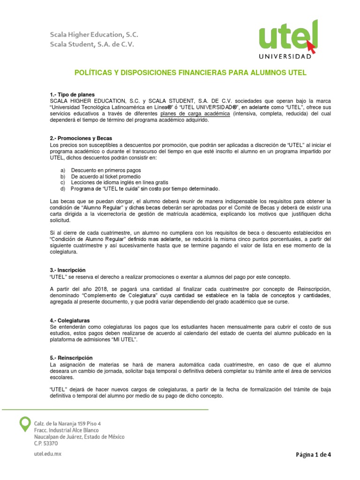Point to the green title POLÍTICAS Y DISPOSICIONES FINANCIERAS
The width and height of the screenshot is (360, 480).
[x=190, y=73]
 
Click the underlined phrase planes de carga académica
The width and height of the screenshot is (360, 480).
[x=195, y=113]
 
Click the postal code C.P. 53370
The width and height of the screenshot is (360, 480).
[x=46, y=443]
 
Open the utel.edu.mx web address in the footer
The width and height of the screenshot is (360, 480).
[x=48, y=454]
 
